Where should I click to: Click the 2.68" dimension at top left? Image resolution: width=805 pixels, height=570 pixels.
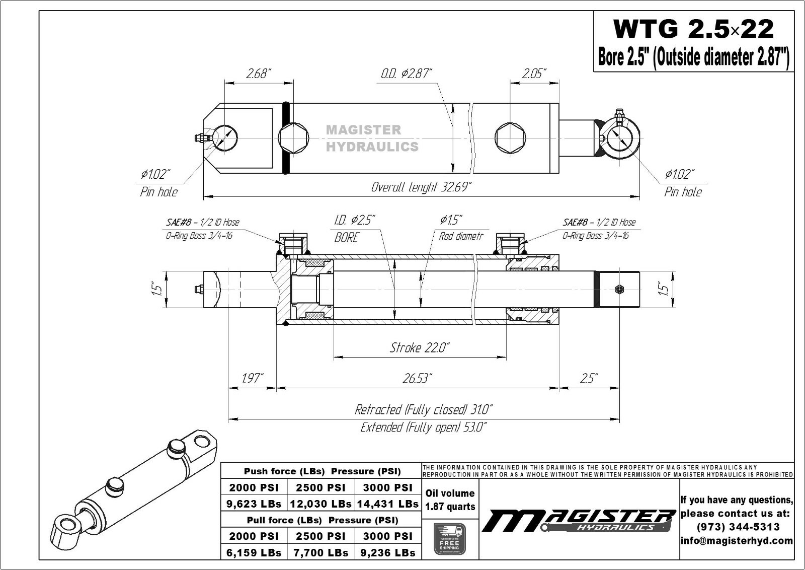pyautogui.click(x=259, y=74)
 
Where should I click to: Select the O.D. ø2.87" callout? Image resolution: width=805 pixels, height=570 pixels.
pyautogui.click(x=406, y=74)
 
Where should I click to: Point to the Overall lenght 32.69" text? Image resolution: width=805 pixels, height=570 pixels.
pyautogui.click(x=421, y=187)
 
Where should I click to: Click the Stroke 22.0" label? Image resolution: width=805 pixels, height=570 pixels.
pyautogui.click(x=420, y=347)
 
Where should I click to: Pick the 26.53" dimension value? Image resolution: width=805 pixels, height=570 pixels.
pyautogui.click(x=418, y=379)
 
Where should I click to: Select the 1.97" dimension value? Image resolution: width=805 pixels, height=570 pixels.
pyautogui.click(x=252, y=379)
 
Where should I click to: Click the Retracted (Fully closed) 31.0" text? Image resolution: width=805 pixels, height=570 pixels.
pyautogui.click(x=423, y=409)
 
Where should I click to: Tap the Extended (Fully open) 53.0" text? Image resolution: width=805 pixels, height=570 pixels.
pyautogui.click(x=423, y=427)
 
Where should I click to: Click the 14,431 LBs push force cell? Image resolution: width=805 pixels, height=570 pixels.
pyautogui.click(x=387, y=504)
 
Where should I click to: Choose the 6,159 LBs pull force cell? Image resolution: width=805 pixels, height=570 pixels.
pyautogui.click(x=254, y=552)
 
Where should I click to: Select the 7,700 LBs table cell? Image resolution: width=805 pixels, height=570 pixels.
pyautogui.click(x=321, y=552)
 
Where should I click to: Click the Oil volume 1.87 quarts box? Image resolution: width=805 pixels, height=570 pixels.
pyautogui.click(x=450, y=500)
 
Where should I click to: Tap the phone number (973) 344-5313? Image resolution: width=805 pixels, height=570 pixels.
pyautogui.click(x=738, y=527)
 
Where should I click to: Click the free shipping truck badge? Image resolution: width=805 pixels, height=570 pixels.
pyautogui.click(x=450, y=539)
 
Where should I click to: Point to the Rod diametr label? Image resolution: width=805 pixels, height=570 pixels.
pyautogui.click(x=460, y=236)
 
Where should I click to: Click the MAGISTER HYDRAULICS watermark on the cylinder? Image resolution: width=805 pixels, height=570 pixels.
pyautogui.click(x=372, y=138)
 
